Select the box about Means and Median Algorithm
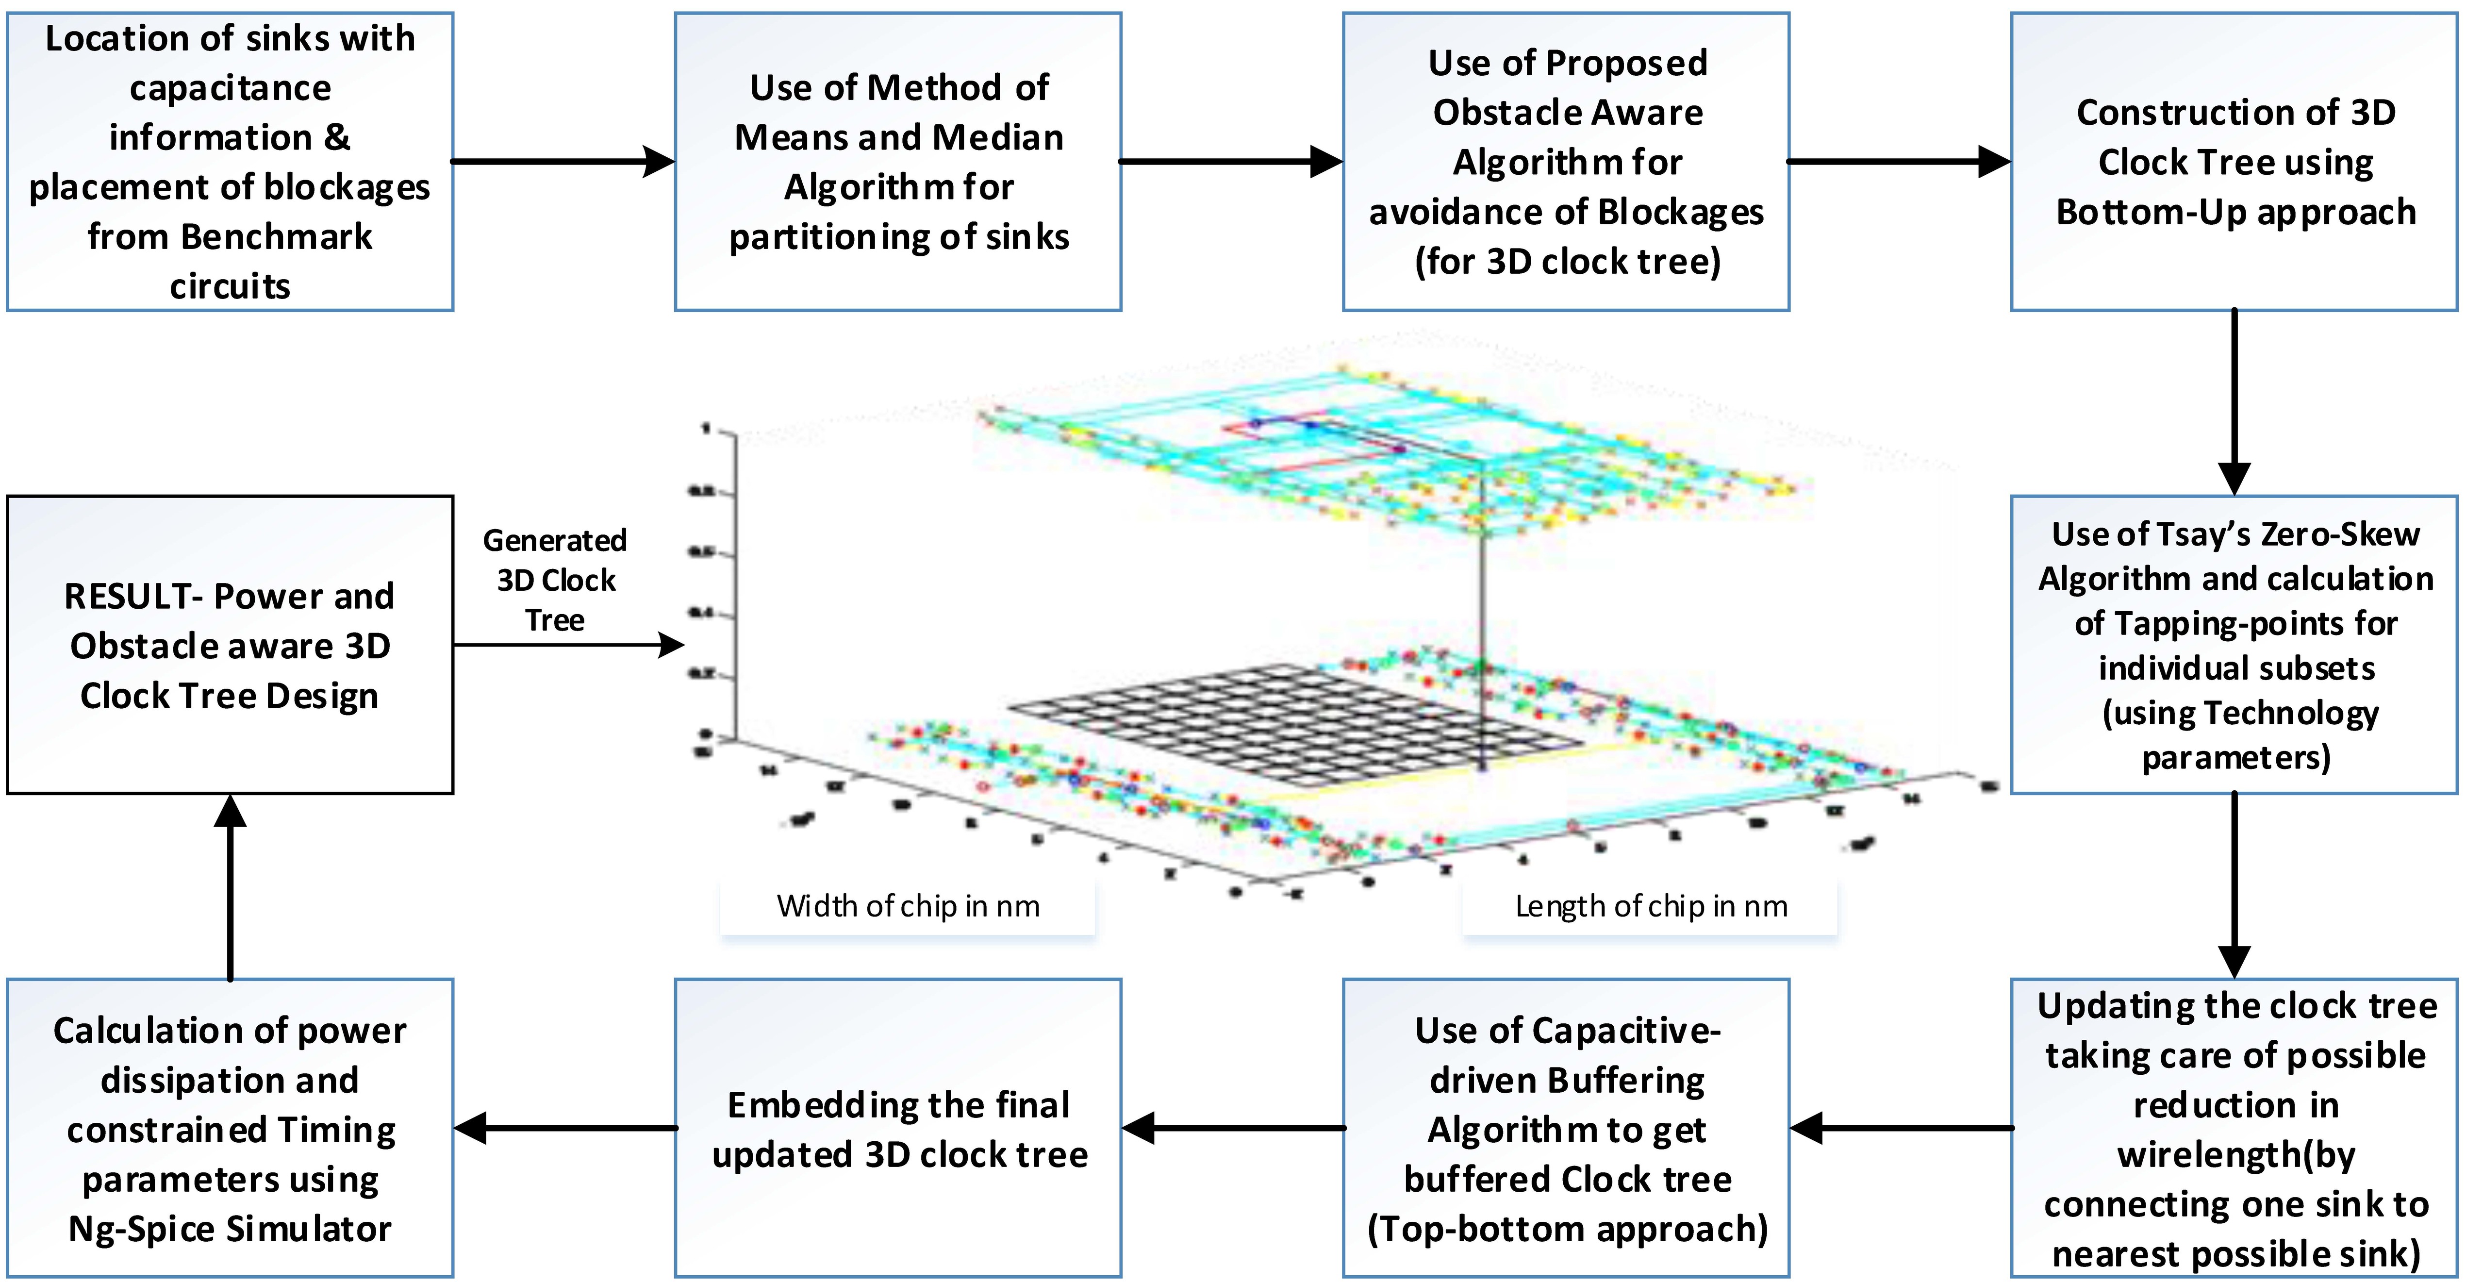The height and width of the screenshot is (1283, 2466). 898,162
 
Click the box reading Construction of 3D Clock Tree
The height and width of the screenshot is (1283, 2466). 2234,162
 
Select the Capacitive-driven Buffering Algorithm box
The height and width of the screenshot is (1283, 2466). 1566,1128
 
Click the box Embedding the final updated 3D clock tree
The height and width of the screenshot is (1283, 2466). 898,1128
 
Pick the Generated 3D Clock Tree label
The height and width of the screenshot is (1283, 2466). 555,580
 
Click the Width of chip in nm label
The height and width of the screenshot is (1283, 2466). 908,906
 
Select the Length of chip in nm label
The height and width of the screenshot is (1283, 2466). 1650,906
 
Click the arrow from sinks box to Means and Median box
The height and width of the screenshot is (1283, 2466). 563,162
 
